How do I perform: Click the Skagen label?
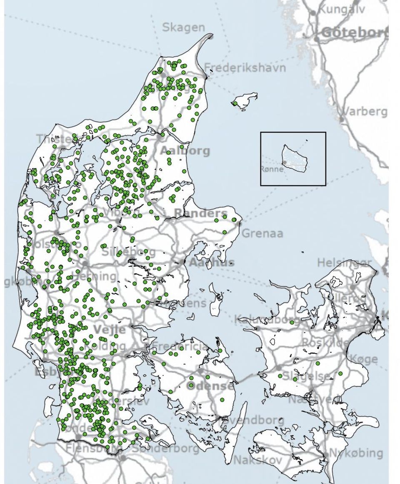tap(183, 28)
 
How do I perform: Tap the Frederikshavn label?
tap(245, 67)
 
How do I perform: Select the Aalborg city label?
tap(185, 151)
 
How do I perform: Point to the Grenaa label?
tap(262, 233)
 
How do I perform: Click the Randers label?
tap(201, 213)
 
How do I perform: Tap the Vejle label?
tap(109, 330)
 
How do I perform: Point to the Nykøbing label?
tap(356, 453)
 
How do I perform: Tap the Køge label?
tap(364, 359)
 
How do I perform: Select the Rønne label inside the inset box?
tap(272, 169)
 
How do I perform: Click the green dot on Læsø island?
tap(235, 103)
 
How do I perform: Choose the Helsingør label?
tap(344, 263)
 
